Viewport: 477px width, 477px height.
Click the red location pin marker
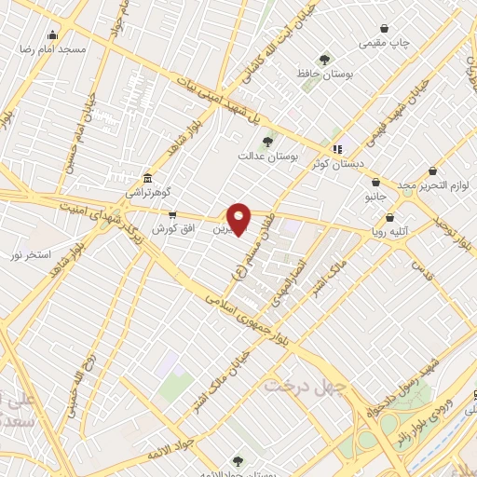point(239,219)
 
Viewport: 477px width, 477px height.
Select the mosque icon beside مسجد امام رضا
point(52,35)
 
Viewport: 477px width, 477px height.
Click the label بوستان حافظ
point(322,73)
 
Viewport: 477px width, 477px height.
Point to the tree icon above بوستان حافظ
point(324,60)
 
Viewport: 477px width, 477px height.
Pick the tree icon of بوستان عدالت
point(268,142)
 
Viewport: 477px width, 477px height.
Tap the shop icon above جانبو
point(375,184)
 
